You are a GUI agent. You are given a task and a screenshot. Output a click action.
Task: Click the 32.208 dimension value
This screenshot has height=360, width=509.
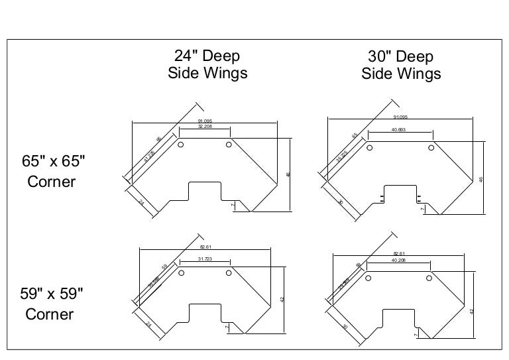pos(205,126)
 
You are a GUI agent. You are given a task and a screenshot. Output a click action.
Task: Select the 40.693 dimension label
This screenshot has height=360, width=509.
pos(399,130)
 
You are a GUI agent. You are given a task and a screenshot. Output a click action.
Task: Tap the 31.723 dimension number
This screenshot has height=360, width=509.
pos(205,259)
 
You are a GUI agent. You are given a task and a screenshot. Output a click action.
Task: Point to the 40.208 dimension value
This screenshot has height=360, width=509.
pos(399,259)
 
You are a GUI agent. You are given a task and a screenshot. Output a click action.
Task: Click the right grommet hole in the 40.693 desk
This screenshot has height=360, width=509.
pos(431,147)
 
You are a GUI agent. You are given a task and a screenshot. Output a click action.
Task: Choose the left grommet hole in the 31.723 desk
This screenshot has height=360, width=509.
pos(181,272)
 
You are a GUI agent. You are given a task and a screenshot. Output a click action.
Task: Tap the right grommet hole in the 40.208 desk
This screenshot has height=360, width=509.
pos(431,276)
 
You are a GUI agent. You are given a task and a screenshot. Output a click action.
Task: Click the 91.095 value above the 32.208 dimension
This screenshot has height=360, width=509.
pos(205,120)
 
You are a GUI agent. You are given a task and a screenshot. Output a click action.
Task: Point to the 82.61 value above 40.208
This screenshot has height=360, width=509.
pos(399,253)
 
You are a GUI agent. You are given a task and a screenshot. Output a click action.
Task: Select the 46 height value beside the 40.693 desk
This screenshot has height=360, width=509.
pos(481,179)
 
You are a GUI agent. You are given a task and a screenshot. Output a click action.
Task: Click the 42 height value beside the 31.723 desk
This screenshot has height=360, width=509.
pos(282,300)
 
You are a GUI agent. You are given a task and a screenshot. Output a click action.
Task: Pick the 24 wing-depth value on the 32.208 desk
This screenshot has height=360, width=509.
pos(142,201)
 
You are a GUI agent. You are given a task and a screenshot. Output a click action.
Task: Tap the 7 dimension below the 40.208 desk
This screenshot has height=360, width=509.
pos(415,335)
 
